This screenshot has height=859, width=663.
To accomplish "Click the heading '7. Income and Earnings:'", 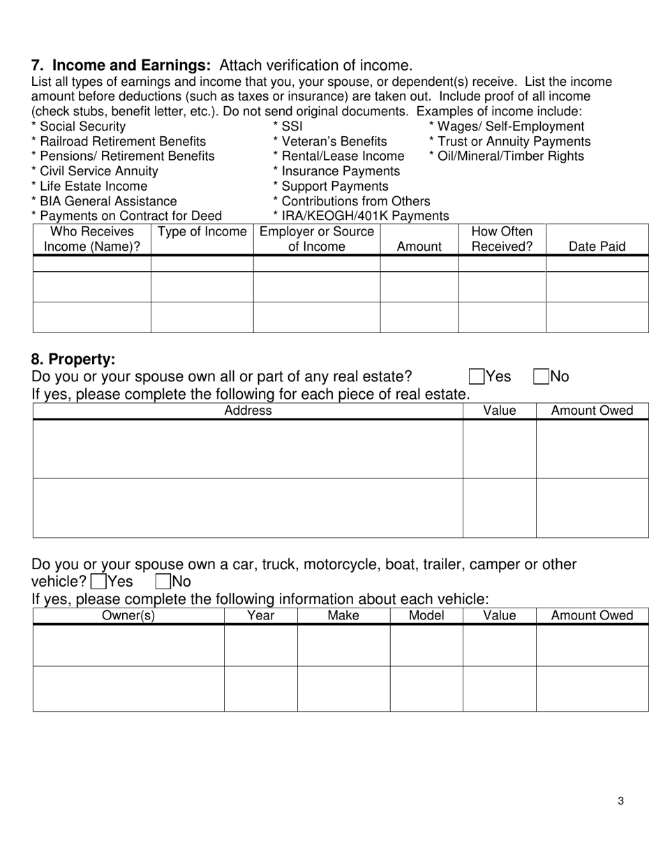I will [121, 66].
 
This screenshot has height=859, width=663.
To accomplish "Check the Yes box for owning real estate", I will [477, 377].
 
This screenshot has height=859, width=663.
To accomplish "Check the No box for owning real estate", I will [542, 377].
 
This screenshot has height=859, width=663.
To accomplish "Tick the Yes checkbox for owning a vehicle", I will [99, 581].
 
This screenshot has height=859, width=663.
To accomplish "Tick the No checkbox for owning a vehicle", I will [163, 581].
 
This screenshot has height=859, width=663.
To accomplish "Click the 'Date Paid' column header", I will [597, 246].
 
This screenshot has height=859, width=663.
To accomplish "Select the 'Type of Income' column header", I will [202, 232].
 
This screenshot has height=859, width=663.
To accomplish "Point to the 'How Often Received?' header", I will [502, 239].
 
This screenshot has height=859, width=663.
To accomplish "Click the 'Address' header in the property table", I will [248, 411].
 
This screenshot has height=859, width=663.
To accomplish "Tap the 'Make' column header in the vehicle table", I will [343, 615].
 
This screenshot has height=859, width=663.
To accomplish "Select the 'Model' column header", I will [426, 615].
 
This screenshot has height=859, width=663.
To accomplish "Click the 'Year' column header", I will [260, 615].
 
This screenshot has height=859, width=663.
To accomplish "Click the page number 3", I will [620, 801].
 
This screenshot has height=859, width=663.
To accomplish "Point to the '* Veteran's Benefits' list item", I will [329, 142].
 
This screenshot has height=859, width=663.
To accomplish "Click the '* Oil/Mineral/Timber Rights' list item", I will [506, 156].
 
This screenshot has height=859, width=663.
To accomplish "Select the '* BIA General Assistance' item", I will [104, 201].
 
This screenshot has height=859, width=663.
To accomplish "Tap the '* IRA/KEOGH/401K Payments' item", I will [361, 216].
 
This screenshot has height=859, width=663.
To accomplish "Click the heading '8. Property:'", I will [73, 360].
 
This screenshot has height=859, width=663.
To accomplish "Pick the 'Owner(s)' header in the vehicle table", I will [128, 615].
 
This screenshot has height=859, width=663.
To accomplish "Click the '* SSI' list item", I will [288, 126].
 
